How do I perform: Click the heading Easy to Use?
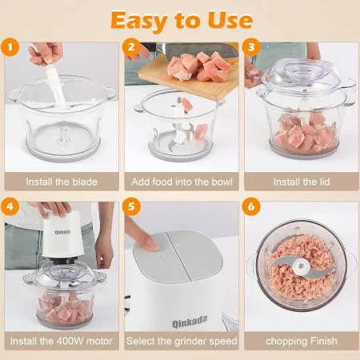click(x=182, y=20)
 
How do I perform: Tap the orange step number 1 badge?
click(x=10, y=47)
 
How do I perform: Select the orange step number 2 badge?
click(x=131, y=47)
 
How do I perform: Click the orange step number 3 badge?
click(x=251, y=47)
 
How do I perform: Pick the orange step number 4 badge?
click(x=10, y=206)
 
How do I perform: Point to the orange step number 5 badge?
click(x=131, y=206)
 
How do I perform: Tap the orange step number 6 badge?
click(x=251, y=206)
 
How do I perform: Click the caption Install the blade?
click(x=62, y=182)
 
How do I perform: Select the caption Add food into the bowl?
click(x=182, y=182)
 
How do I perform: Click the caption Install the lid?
click(x=302, y=182)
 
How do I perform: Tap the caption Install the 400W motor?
click(x=61, y=341)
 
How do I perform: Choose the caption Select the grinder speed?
click(x=182, y=341)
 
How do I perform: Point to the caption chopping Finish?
click(x=302, y=341)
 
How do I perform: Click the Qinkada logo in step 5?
click(x=190, y=322)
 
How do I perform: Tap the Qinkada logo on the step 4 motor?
click(x=63, y=232)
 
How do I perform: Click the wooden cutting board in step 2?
click(x=189, y=77)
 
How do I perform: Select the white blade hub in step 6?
click(x=301, y=266)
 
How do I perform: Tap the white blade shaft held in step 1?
click(x=55, y=86)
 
